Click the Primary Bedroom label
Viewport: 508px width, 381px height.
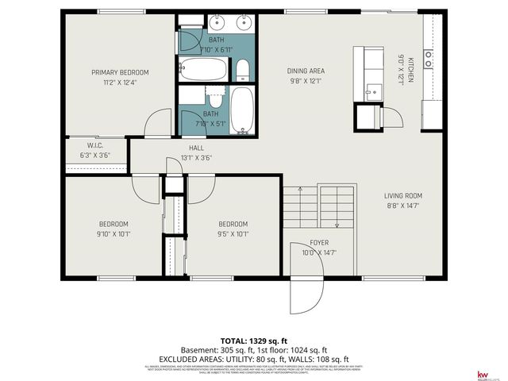120,72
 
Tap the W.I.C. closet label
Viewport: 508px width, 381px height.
95,145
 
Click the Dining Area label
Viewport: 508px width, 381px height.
306,71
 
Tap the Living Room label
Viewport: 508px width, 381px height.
403,195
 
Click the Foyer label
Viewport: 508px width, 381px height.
320,243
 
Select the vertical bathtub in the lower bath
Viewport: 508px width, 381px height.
242,110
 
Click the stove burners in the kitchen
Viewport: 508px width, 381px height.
428,57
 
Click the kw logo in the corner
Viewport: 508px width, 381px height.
481,373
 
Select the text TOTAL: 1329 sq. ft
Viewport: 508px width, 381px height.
253,339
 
